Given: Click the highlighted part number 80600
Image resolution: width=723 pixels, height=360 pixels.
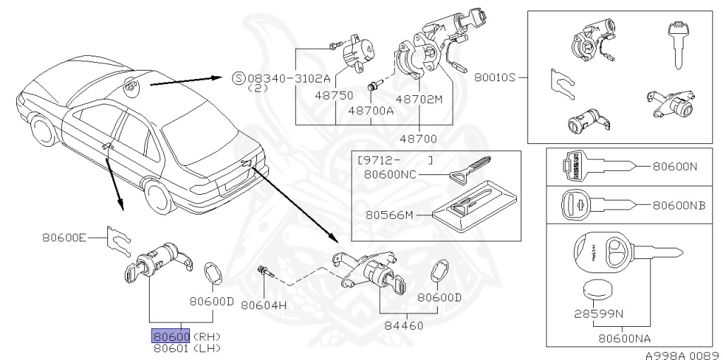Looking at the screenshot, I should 171,336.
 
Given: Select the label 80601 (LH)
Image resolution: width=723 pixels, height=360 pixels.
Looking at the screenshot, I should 186,347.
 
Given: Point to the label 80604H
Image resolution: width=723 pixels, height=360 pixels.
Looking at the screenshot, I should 263,305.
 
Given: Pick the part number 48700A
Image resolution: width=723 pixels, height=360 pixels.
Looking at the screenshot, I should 371,110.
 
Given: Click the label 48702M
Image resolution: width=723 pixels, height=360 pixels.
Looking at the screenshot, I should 419,99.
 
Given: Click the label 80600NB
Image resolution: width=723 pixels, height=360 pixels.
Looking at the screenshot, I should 679,205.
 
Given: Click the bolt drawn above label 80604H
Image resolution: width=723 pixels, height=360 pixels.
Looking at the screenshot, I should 265,273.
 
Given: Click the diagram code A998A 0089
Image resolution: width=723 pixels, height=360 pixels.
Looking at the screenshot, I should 681,354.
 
